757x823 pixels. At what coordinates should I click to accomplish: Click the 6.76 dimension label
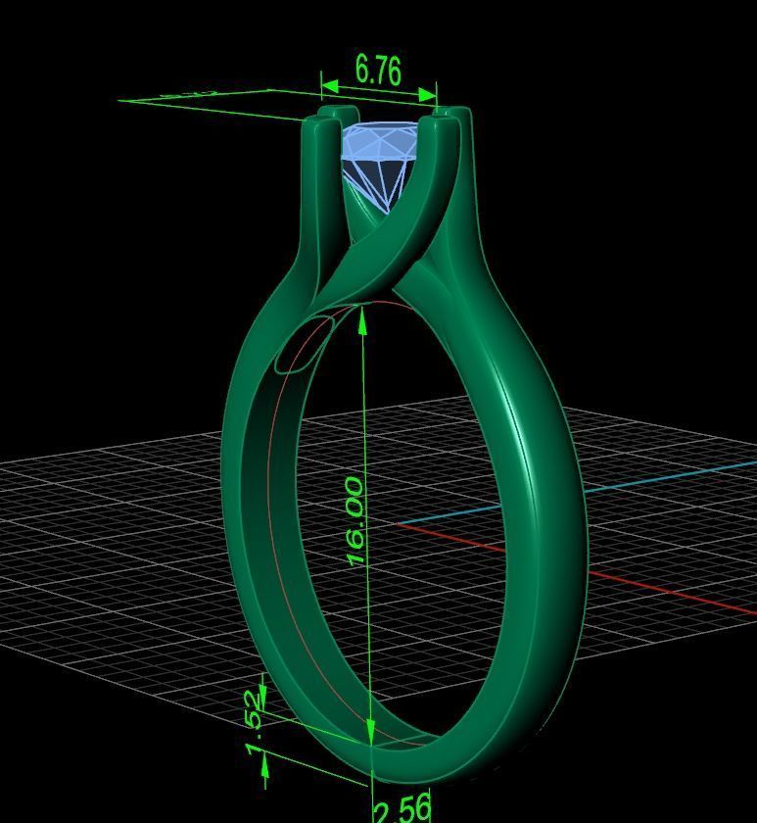pyautogui.click(x=378, y=70)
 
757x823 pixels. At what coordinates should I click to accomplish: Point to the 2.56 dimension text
pyautogui.click(x=402, y=808)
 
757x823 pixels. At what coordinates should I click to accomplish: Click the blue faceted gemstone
pyautogui.click(x=383, y=157)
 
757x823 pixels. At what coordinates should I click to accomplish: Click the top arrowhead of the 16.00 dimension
pyautogui.click(x=364, y=319)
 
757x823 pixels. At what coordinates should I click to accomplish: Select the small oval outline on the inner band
pyautogui.click(x=301, y=346)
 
